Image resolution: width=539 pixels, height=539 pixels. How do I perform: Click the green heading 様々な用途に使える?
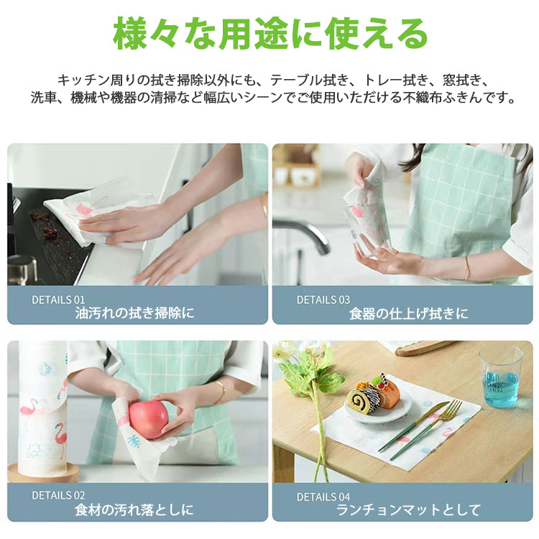270,34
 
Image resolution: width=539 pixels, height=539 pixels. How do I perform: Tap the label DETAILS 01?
58,300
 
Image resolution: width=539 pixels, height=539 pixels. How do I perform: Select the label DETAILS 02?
58,495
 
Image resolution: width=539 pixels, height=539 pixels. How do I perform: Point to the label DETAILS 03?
323,300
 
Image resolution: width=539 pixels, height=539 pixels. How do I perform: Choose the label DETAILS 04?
323,497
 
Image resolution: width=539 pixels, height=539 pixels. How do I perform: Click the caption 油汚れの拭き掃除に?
134,313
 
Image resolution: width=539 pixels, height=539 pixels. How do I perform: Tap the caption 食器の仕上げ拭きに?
408,313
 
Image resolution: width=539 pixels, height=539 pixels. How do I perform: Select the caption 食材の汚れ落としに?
134,510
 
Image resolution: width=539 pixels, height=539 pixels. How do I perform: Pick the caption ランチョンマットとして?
408,510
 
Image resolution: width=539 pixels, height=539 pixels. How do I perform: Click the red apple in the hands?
149,419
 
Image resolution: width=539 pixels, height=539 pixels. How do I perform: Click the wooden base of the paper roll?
43,474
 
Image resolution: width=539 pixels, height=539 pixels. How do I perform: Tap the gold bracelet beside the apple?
221,392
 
